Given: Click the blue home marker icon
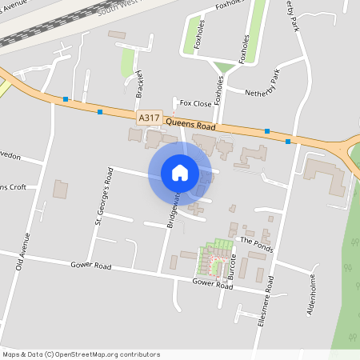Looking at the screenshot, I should [x=179, y=173].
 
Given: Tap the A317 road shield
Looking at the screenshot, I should [x=149, y=118].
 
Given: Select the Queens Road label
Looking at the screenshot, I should [x=193, y=124].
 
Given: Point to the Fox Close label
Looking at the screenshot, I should [x=195, y=103].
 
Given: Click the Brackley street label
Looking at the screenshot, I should [x=140, y=83].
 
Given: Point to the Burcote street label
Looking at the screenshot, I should [x=232, y=264].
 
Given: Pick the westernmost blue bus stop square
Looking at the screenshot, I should [x=66, y=100].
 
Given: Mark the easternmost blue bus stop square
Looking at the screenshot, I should [x=288, y=141].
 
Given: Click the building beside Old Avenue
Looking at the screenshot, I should [x=61, y=190].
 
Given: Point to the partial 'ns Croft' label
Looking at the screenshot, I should [x=14, y=187].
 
